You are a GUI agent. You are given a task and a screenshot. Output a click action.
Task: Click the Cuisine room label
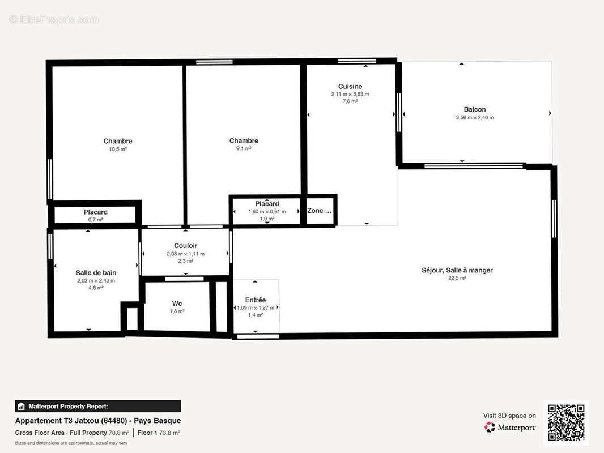[x=350, y=87]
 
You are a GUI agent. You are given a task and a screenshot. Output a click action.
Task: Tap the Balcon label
[x=474, y=109]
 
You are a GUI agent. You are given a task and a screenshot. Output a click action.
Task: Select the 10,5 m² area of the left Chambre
[x=118, y=149]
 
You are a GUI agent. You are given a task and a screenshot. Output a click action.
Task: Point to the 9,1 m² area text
[x=244, y=149]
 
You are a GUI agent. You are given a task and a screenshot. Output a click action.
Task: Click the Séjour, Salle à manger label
[x=457, y=270]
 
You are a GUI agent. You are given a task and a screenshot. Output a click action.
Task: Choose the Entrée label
[x=255, y=300]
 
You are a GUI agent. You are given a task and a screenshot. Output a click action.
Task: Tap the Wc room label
[x=177, y=303]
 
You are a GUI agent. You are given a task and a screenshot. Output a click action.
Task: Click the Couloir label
[x=185, y=246]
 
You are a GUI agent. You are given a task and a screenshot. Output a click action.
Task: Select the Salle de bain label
[x=96, y=272]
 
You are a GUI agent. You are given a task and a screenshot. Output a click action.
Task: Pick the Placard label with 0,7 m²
[x=96, y=212]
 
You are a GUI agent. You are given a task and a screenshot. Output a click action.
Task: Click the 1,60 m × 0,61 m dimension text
[x=266, y=211]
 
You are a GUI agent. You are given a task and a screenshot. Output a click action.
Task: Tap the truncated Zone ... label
[x=319, y=211]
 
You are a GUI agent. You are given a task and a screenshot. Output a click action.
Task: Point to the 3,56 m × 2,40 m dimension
[x=474, y=118]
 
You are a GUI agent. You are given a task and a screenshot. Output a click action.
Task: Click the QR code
[x=566, y=423]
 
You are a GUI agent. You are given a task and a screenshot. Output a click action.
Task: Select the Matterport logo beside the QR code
[x=510, y=428]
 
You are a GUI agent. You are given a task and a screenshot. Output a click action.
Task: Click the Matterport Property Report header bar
[x=97, y=406]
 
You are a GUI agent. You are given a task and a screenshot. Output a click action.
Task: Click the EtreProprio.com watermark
[x=54, y=19]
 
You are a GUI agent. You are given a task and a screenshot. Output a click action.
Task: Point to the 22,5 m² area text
[x=457, y=279]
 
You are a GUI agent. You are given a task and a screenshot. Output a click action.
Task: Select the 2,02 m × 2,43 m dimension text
[x=96, y=280]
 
